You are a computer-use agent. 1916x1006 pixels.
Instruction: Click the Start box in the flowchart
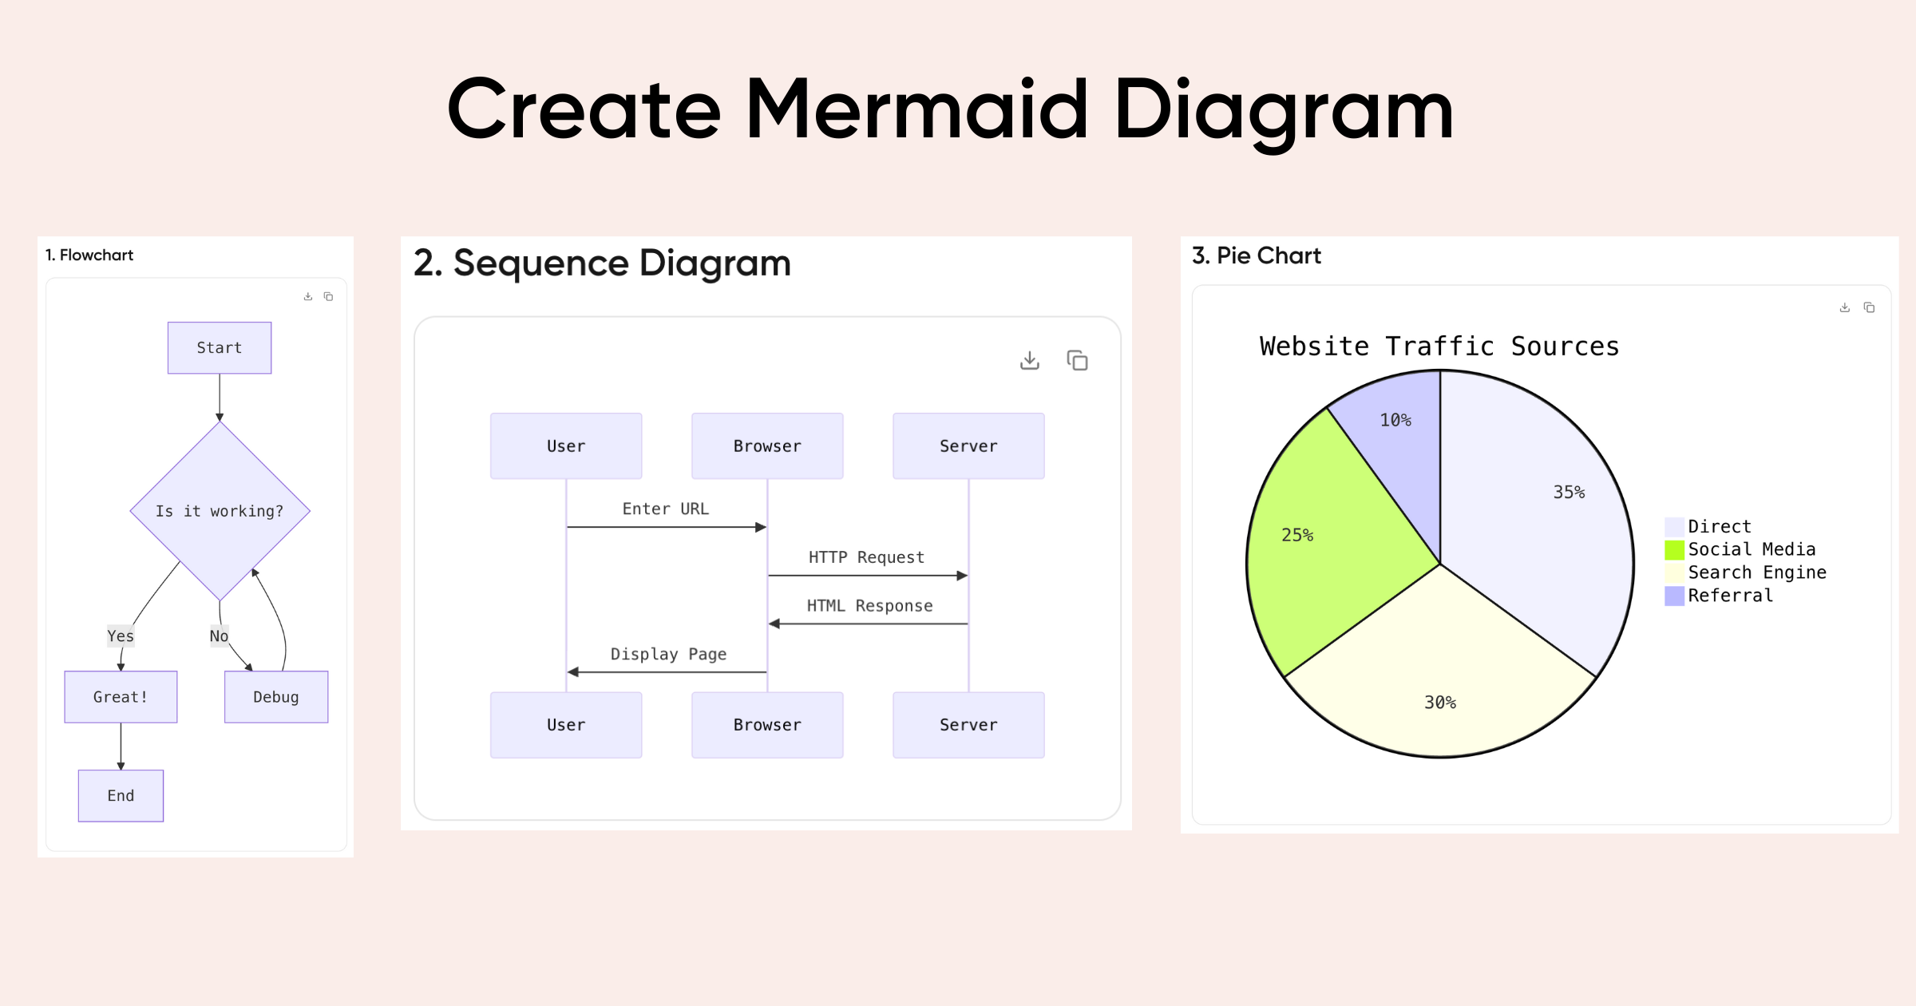coord(220,348)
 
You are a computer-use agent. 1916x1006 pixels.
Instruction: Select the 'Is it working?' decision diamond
coord(220,511)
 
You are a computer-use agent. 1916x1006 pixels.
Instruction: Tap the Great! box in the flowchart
coord(121,697)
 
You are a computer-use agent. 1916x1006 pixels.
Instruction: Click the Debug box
coord(276,697)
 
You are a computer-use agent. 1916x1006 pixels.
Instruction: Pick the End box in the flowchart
coord(121,796)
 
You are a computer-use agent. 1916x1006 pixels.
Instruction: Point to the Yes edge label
coord(121,636)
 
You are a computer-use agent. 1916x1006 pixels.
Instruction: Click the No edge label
coord(219,636)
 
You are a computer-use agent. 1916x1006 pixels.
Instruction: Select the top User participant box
coord(566,446)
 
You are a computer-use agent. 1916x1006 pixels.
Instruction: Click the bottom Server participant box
coord(968,725)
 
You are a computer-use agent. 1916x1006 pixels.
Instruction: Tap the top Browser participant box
coord(767,446)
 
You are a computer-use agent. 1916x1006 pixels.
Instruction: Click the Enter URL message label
coord(666,509)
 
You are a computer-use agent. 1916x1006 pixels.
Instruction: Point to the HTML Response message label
coord(869,606)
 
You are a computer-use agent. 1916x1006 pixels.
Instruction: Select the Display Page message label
coord(668,655)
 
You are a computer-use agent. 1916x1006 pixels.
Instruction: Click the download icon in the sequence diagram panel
coord(1030,361)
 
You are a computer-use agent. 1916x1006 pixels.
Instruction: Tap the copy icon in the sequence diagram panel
coord(1077,361)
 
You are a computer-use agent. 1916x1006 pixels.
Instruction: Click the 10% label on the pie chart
coord(1395,421)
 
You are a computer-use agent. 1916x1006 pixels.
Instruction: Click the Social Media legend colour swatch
coord(1674,550)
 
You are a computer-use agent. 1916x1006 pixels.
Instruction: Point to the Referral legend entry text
coord(1730,596)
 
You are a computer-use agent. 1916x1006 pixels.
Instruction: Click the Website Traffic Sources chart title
coord(1439,347)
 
